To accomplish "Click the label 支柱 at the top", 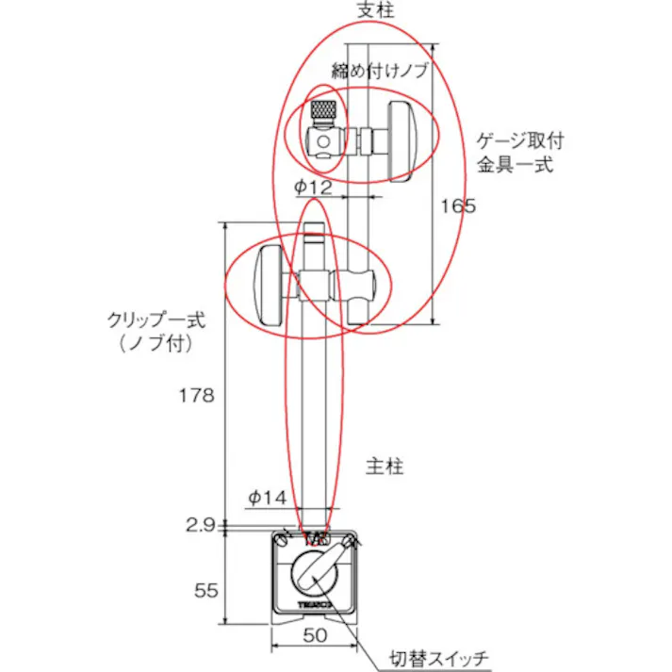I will tap(376, 10).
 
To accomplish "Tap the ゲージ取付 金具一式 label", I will tap(518, 153).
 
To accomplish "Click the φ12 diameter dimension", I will tap(314, 187).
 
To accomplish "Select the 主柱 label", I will tap(385, 467).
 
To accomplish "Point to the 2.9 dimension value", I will tap(201, 524).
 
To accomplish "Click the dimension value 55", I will tap(205, 590).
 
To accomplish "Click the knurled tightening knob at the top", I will tap(322, 109).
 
